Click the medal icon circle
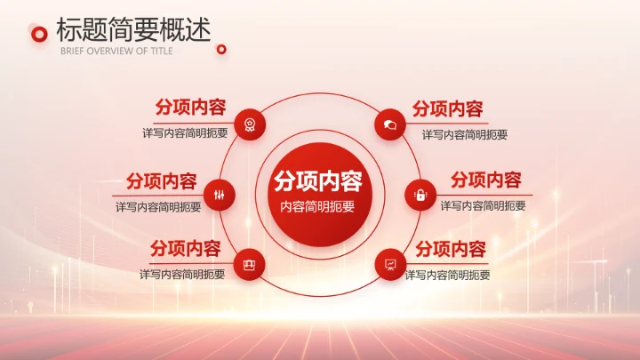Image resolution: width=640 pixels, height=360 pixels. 251,124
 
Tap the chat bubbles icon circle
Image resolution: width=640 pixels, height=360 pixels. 389,124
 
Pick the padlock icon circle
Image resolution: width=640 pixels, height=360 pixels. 420,195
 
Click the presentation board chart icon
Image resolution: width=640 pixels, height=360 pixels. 389,264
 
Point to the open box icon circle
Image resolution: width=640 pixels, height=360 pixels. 250,264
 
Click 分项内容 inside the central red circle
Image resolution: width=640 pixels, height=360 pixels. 317,181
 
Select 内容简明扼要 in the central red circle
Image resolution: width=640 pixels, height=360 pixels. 317,206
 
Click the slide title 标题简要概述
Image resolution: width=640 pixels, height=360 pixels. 133,29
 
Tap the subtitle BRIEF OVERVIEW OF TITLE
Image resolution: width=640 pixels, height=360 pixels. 116,51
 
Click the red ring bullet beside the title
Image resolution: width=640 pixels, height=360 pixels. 38,34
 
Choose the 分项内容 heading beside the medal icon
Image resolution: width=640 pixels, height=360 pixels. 190,108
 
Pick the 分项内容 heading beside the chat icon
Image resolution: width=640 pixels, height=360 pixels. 447,108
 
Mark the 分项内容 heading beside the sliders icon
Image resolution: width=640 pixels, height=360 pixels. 161,181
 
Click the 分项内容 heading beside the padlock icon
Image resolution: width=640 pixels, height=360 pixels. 485,180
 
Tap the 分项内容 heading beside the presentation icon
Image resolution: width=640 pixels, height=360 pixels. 451,248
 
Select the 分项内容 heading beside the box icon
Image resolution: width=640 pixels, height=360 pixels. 185,248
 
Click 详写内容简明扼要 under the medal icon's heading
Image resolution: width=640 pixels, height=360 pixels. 185,133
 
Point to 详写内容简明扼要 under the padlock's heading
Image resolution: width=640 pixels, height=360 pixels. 483,205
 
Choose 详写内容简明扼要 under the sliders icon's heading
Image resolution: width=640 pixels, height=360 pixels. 158,206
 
